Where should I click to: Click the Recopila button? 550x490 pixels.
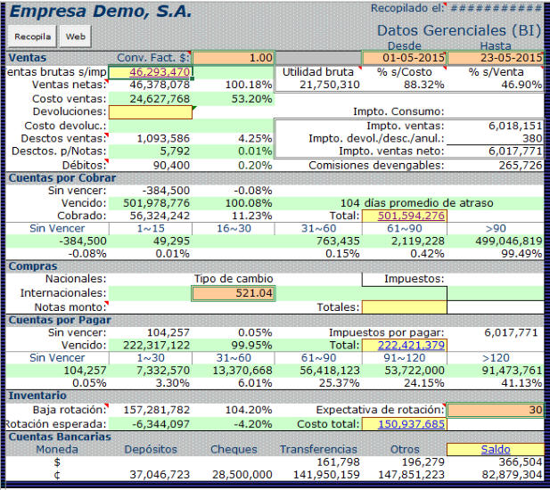tap(32, 37)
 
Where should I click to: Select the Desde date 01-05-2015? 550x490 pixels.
tap(406, 58)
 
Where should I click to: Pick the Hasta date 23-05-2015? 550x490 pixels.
tap(496, 58)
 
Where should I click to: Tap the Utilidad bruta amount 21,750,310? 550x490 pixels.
tap(317, 85)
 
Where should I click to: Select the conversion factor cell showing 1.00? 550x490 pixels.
tap(233, 58)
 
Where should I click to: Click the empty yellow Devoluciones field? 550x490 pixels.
tap(150, 112)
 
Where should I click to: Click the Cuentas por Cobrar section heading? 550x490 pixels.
tap(55, 178)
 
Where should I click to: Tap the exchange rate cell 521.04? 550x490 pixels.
tap(233, 293)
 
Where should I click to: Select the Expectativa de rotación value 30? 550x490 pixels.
tap(496, 410)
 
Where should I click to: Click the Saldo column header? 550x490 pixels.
tap(496, 450)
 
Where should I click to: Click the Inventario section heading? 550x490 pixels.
tap(37, 396)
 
